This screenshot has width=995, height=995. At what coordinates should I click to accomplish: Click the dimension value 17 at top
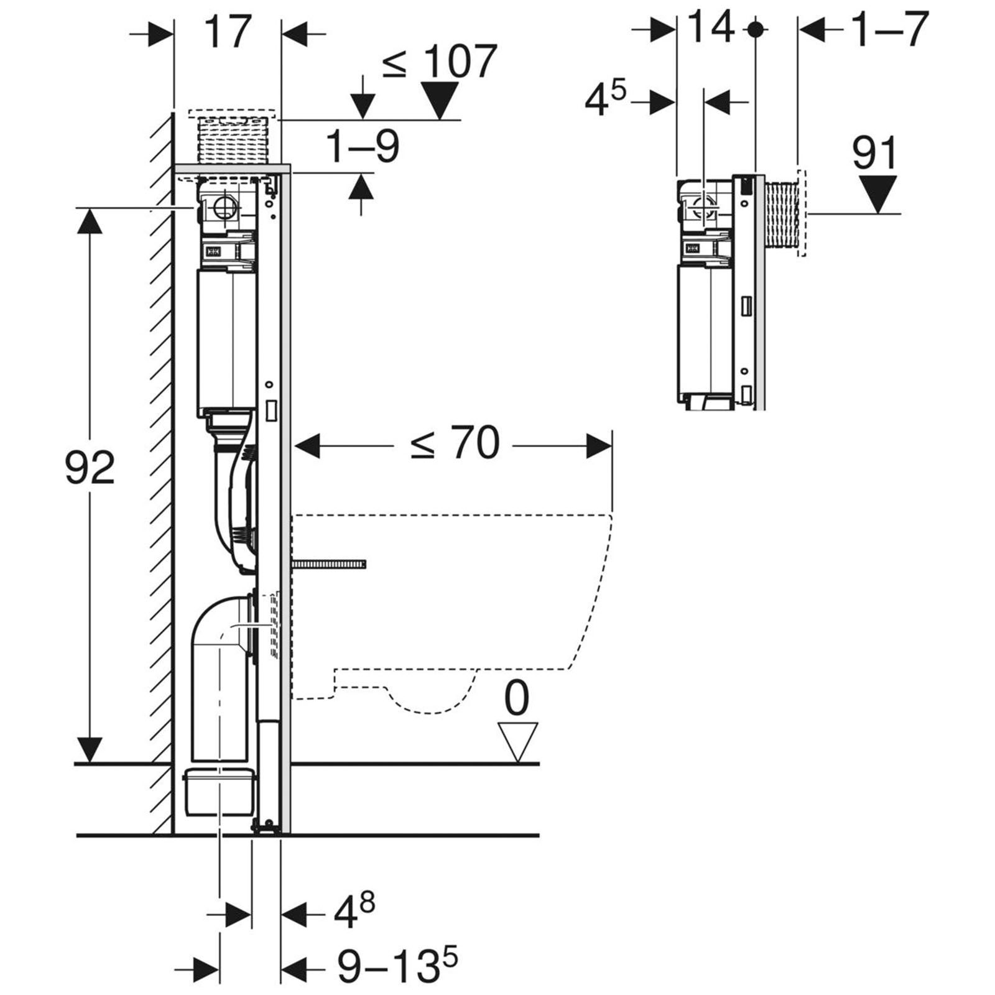point(228,32)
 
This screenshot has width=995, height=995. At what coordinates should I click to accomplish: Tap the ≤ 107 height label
point(440,62)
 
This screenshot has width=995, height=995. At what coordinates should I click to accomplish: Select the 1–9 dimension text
point(363,147)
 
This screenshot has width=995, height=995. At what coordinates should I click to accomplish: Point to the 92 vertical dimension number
point(90,468)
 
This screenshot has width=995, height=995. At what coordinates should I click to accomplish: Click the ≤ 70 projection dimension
point(455,443)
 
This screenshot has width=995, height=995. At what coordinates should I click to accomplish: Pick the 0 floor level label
point(516,698)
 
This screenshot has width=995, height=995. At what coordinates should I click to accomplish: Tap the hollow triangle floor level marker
point(517,742)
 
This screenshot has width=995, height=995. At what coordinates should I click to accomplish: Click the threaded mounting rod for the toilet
point(328,563)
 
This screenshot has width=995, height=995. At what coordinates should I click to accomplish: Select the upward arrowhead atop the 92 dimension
point(90,221)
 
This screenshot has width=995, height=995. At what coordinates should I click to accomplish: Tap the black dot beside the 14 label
point(756,29)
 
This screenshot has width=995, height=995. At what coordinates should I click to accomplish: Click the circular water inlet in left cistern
point(224,206)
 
